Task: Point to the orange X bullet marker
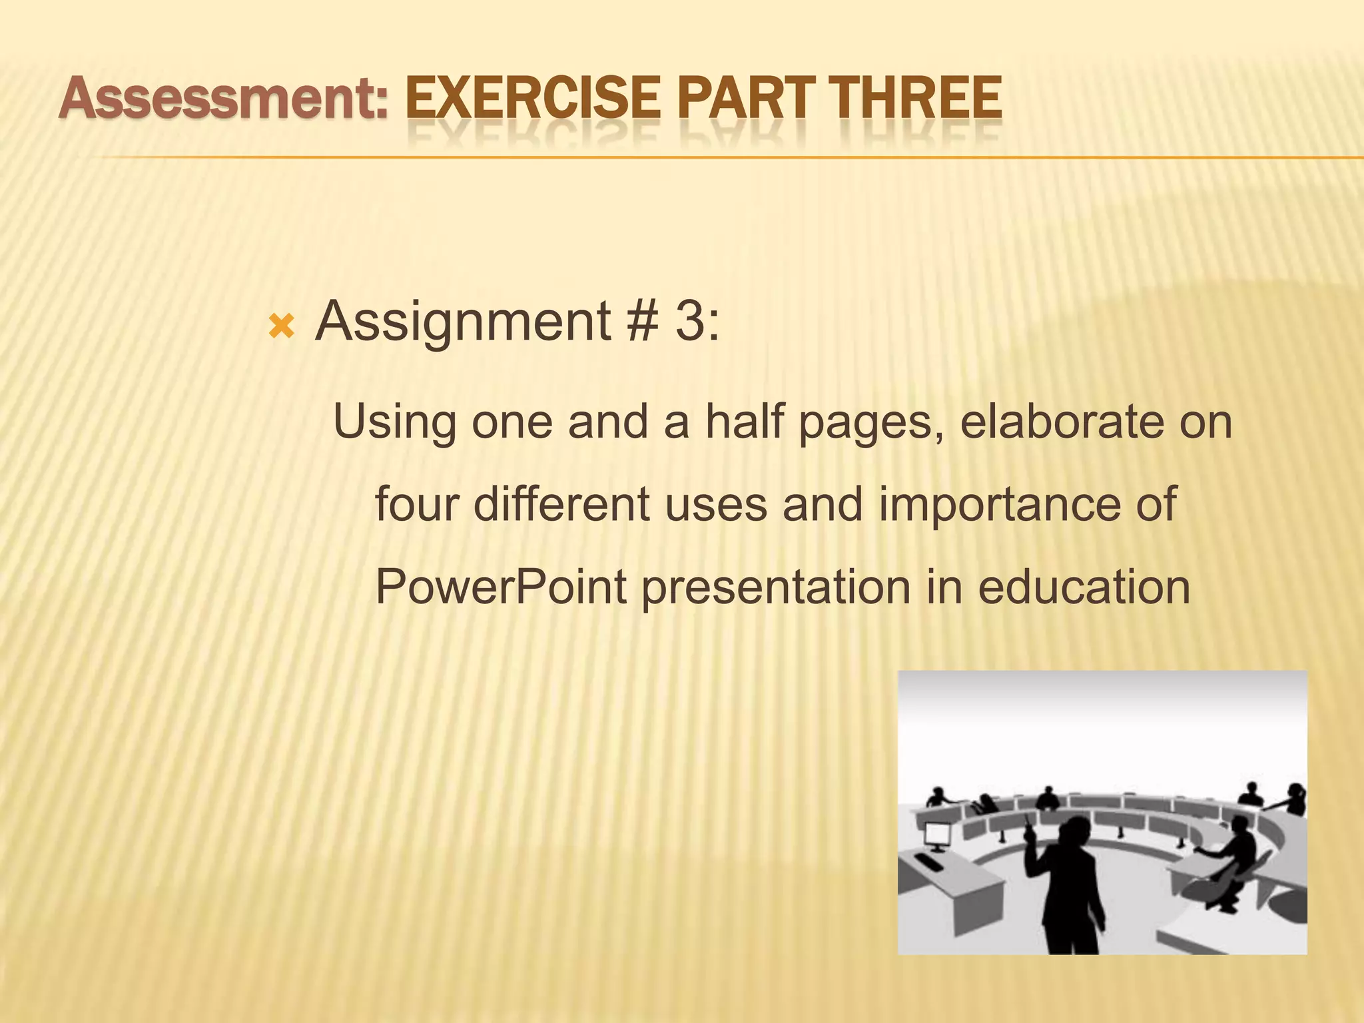pyautogui.click(x=281, y=326)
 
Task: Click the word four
pyautogui.click(x=416, y=504)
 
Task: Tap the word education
pyautogui.click(x=1084, y=587)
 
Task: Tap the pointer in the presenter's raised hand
pyautogui.click(x=1027, y=823)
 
